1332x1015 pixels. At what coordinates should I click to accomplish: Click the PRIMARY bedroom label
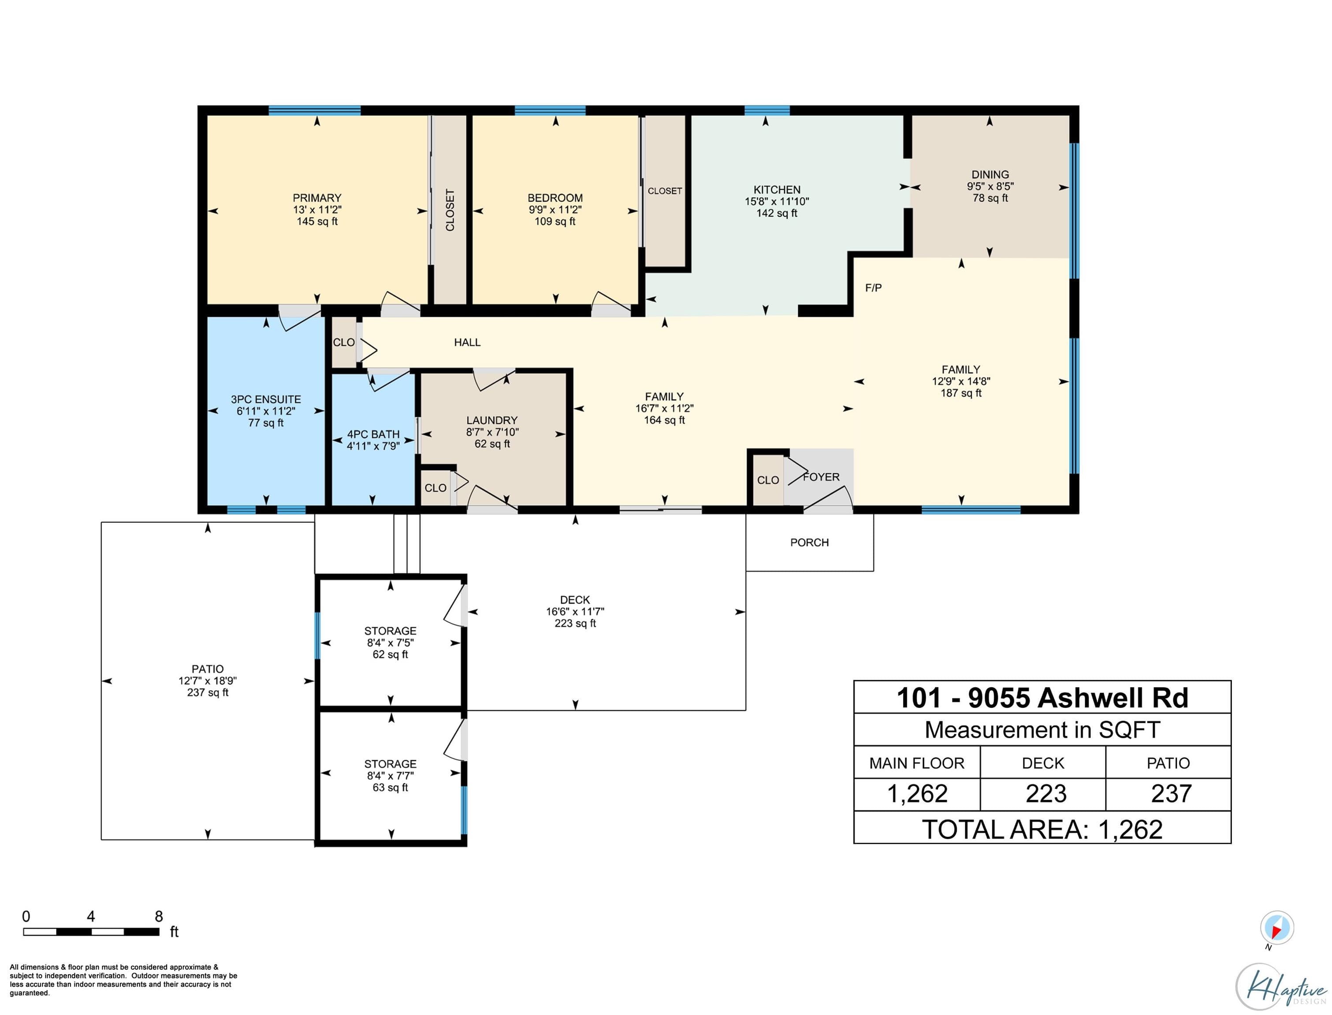316,198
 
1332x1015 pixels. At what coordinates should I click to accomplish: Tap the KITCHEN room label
777,190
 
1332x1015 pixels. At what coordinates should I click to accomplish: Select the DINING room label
990,174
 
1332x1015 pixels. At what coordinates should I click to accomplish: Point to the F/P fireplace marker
873,288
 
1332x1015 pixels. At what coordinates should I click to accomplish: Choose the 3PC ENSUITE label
266,400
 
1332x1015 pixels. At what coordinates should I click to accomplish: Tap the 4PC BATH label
373,434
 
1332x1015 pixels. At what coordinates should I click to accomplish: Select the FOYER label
821,477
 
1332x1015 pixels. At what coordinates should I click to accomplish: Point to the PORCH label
809,543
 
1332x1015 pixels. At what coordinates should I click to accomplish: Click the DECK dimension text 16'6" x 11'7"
575,611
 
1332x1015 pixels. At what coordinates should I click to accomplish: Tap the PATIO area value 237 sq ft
208,693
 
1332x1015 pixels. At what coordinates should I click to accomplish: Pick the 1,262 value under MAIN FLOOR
917,793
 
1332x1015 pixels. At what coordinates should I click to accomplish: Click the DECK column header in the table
1042,763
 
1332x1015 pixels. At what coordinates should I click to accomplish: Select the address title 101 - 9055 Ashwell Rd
1042,698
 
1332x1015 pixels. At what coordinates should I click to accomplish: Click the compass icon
1276,927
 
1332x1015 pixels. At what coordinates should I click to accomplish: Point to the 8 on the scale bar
159,916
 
